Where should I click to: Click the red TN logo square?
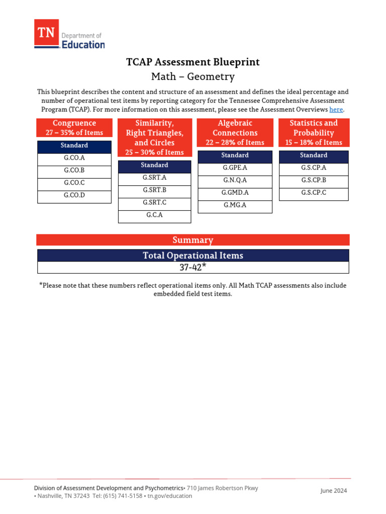coord(46,33)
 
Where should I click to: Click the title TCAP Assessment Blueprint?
coord(193,62)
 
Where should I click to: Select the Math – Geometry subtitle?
coord(193,77)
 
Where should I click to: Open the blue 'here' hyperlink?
coord(336,109)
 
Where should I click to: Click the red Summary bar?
coord(193,240)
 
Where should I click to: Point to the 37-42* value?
coord(193,268)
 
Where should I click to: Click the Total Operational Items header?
coord(193,255)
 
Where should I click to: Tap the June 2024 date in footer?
coord(333,491)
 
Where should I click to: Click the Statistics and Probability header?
coord(314,133)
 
